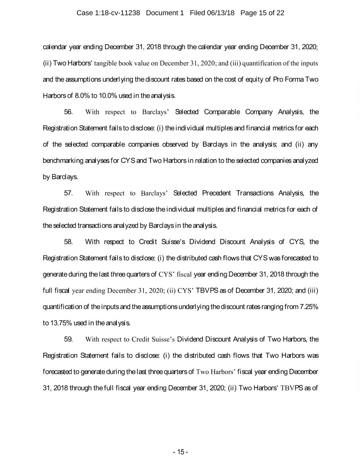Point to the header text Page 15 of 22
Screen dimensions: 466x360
pyautogui.click(x=261, y=13)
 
